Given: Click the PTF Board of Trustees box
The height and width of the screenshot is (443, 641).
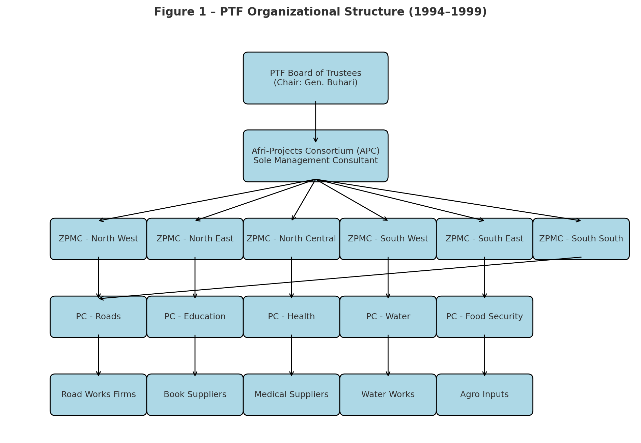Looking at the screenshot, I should click(315, 78).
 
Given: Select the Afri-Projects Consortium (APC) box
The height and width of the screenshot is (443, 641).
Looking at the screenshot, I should click(315, 156).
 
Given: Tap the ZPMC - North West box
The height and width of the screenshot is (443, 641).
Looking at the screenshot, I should click(98, 239).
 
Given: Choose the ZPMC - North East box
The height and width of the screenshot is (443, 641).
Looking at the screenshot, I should click(195, 239).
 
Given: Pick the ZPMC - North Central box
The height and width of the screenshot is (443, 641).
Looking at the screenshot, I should click(291, 239).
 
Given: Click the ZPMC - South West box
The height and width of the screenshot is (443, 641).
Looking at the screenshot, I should click(388, 239).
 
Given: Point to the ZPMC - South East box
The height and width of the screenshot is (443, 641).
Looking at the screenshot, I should click(484, 239).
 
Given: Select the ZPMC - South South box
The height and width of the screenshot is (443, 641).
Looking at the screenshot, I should click(581, 239).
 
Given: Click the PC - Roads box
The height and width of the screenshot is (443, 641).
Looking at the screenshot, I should click(98, 317).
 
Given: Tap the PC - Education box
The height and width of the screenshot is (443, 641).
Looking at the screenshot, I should click(195, 317).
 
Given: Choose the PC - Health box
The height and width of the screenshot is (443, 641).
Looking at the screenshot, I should click(291, 317).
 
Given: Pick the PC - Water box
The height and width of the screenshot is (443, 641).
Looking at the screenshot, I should click(388, 317).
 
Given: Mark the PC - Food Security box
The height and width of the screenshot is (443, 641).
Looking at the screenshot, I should click(484, 317).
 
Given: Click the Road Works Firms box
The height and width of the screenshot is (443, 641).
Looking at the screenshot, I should click(98, 394).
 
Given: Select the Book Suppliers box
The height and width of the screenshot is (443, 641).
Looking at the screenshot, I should click(195, 394).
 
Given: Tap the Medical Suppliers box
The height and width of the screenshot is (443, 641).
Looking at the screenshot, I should click(291, 394).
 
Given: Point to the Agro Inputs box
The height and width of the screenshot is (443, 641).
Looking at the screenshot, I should click(484, 394).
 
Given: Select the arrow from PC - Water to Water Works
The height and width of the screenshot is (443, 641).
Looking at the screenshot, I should click(388, 356).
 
